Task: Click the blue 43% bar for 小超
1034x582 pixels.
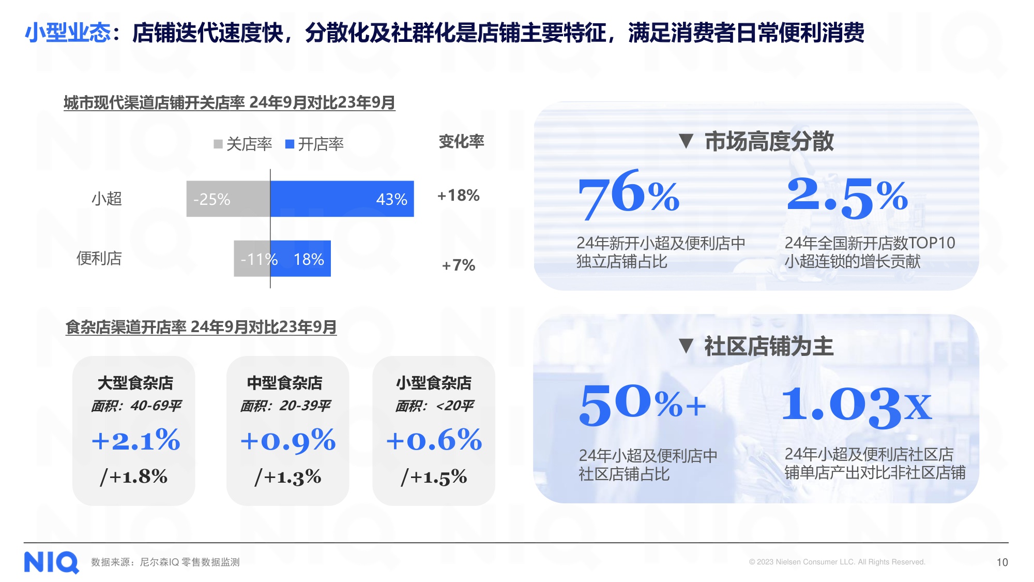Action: [x=342, y=199]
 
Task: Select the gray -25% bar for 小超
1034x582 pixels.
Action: [x=228, y=199]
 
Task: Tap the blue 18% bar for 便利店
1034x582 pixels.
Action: [x=300, y=259]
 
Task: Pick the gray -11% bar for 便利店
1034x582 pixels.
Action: [x=252, y=259]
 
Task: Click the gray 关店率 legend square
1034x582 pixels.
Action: [x=218, y=144]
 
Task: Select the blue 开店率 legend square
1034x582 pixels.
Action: [x=290, y=144]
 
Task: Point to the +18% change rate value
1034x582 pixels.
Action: [x=459, y=196]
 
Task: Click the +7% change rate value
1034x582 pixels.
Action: [x=459, y=265]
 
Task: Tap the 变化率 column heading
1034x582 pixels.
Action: [x=461, y=141]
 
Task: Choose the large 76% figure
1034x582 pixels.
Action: [x=628, y=194]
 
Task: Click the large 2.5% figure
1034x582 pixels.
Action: [x=847, y=196]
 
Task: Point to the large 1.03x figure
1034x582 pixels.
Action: [x=856, y=406]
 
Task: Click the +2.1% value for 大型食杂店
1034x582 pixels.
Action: [x=135, y=440]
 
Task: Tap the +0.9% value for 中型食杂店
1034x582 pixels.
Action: [x=288, y=441]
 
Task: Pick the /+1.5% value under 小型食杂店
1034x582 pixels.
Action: [x=434, y=476]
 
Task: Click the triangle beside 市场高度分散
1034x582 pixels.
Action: [x=686, y=141]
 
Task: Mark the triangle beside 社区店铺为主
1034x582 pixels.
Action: [x=686, y=346]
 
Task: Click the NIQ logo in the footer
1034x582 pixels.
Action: [x=52, y=562]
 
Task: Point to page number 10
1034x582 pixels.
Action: [x=1002, y=562]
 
